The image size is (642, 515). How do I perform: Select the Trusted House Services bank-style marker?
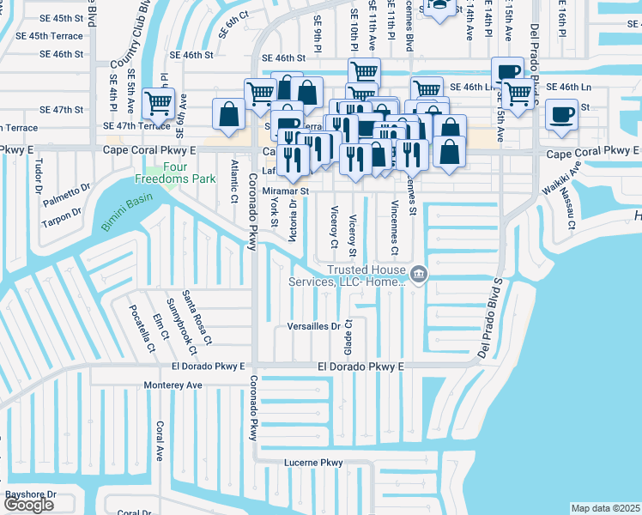tap(418, 274)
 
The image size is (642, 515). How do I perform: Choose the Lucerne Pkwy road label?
tap(313, 463)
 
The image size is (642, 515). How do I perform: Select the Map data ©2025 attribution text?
tap(606, 508)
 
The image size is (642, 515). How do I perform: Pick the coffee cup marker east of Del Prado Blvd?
tap(562, 116)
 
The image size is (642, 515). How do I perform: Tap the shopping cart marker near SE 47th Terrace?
tap(158, 105)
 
